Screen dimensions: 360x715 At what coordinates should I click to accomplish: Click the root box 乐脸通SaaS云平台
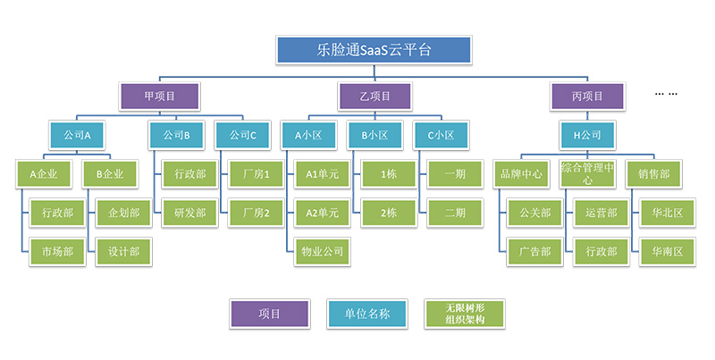[374, 50]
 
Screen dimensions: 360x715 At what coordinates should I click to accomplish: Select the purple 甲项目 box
[160, 96]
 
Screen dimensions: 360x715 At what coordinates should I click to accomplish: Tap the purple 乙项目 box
[374, 96]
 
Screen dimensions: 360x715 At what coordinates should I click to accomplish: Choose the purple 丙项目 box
[587, 96]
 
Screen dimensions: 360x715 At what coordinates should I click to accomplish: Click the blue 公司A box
[79, 136]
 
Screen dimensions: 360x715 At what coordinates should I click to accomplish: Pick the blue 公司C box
[242, 136]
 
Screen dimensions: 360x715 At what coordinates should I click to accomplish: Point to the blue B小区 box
[374, 136]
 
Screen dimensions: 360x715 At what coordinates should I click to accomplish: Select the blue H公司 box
[587, 136]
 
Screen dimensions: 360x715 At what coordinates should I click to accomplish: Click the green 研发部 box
[189, 213]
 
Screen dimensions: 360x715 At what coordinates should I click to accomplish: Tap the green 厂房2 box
[256, 213]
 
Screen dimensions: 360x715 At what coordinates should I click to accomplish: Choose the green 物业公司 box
[322, 252]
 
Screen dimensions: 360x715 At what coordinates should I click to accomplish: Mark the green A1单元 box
[322, 174]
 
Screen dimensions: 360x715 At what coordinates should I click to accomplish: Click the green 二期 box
[454, 213]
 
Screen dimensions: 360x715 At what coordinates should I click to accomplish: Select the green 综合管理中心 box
[588, 174]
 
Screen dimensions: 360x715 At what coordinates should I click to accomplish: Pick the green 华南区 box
[660, 252]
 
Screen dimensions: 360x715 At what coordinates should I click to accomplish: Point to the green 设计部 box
[123, 252]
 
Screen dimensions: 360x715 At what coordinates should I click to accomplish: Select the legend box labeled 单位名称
[374, 314]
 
